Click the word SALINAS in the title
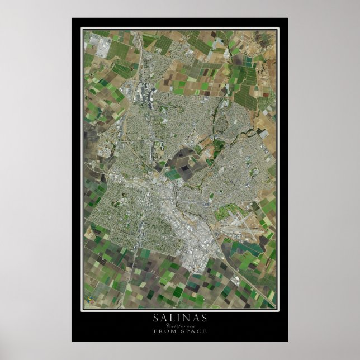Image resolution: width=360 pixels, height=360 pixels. click(179, 318)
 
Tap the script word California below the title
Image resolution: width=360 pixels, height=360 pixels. click(179, 325)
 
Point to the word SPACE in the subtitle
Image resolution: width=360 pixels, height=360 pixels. click(193, 331)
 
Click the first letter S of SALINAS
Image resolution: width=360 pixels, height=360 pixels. click(157, 318)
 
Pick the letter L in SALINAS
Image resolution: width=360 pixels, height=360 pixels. click(172, 318)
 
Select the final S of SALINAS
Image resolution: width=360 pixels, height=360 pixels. click(203, 318)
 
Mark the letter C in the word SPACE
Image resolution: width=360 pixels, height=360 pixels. click(198, 331)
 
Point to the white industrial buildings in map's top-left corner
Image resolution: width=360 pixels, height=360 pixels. click(103, 47)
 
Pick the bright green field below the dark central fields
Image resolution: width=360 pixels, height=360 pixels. click(173, 174)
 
